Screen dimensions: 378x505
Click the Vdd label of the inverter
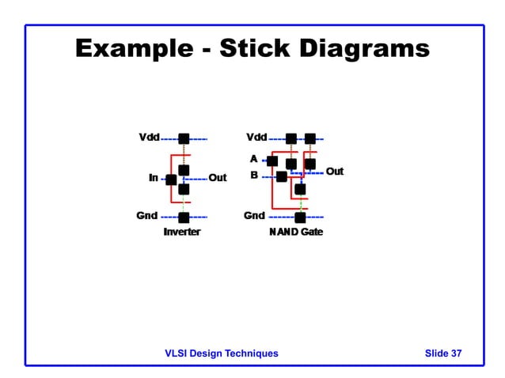pos(149,138)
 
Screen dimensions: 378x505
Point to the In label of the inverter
pos(154,178)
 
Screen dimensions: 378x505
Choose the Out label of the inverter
pos(217,178)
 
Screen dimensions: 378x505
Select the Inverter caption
pos(182,232)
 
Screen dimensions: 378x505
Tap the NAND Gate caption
pos(296,232)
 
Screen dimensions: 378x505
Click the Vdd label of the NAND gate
pos(256,138)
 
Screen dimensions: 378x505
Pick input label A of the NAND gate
pos(254,158)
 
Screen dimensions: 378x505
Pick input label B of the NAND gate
pos(254,175)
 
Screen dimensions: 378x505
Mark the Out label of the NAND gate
pos(335,171)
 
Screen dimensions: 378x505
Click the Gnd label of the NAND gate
pos(254,215)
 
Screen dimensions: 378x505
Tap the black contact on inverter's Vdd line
pos(184,138)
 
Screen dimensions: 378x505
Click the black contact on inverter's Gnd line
pos(184,217)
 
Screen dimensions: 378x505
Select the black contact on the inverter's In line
pos(171,180)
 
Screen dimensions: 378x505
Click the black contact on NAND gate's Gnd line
pos(300,217)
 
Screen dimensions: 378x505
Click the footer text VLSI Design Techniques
pos(222,353)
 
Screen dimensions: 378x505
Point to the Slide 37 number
pos(443,353)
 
